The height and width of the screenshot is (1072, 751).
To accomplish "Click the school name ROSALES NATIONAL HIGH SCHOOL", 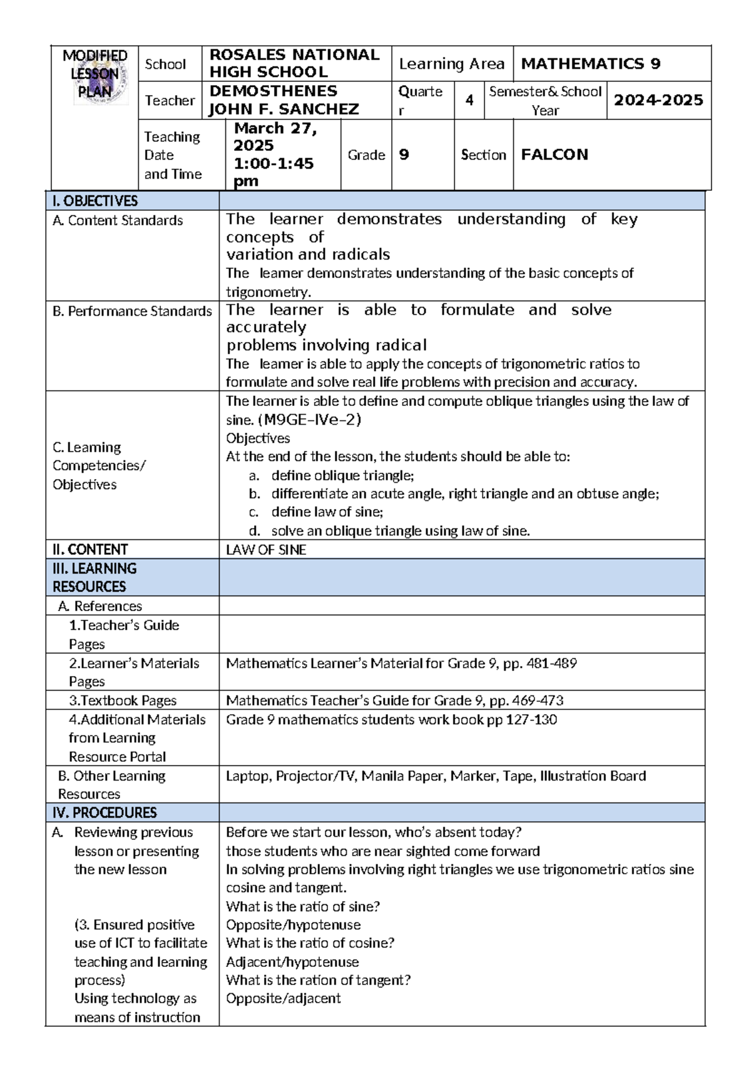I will click(294, 63).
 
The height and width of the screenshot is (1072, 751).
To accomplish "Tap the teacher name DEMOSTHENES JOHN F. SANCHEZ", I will click(284, 100).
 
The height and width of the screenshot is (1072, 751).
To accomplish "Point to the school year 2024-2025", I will click(658, 100).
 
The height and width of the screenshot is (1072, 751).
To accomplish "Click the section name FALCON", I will click(554, 154).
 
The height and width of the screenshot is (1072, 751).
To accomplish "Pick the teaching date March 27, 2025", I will click(275, 137).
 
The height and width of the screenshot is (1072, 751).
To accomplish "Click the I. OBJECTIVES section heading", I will click(95, 201).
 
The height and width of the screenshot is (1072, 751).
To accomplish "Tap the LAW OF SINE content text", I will click(266, 550).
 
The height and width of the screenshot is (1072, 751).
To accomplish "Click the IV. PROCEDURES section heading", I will click(105, 812).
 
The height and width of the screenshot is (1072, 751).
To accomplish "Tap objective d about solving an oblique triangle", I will click(400, 531).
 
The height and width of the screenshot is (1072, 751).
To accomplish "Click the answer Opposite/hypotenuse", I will click(293, 924).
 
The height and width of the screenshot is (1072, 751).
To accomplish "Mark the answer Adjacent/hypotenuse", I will click(292, 962).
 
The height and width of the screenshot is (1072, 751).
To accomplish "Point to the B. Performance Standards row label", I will click(132, 311).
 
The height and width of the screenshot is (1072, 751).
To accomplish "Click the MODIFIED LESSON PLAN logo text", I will click(95, 74).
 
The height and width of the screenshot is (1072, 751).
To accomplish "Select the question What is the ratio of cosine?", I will click(310, 943).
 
